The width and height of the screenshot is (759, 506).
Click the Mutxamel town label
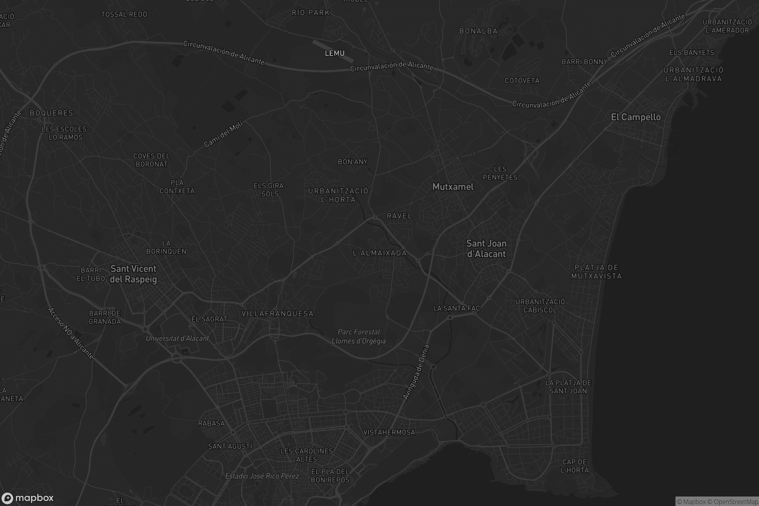coord(453,187)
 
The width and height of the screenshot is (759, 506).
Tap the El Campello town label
coord(636,117)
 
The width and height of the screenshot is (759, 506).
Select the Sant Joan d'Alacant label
coord(486,249)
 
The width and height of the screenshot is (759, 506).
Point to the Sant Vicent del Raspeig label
coord(133,274)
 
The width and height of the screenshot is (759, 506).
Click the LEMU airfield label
coord(335,53)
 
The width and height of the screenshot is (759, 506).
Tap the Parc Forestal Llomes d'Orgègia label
coord(359,336)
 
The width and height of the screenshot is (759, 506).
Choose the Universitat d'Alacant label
coord(177,338)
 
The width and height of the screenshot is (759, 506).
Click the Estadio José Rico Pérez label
coord(262,476)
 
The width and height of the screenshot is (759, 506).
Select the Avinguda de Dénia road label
coord(416,372)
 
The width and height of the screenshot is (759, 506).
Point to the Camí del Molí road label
coord(223,134)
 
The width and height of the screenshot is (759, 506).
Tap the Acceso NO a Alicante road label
coord(71,333)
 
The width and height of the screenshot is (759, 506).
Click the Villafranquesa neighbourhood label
coord(278,314)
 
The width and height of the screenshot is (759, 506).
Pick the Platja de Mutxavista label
coord(596,272)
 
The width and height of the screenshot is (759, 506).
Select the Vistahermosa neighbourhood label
coord(389,432)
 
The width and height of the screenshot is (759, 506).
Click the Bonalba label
coord(478,31)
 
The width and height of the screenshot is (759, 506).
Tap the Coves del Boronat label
coord(152,160)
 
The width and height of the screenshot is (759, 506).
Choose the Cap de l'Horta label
coord(574,466)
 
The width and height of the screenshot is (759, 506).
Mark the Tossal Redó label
coord(124,15)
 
